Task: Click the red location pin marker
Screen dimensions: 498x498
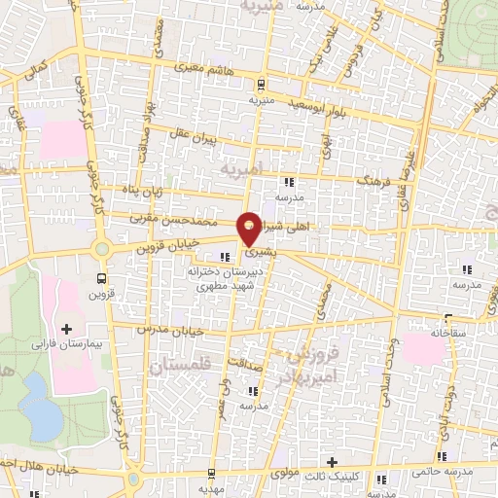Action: pyautogui.click(x=250, y=228)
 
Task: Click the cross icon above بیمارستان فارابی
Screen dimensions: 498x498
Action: pyautogui.click(x=66, y=330)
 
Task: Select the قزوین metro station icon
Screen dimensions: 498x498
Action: pyautogui.click(x=102, y=276)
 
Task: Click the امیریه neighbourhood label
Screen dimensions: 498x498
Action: pyautogui.click(x=242, y=169)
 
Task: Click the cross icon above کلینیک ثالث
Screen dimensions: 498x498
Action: pyautogui.click(x=332, y=462)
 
